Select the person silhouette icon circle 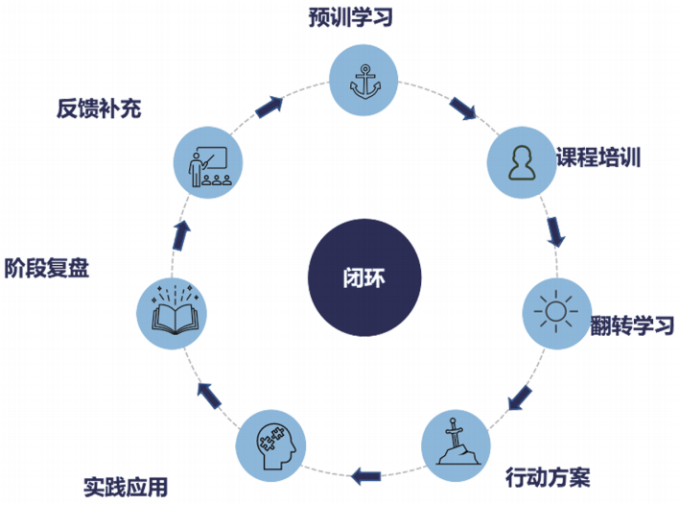tap(521, 159)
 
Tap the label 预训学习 tap(365, 16)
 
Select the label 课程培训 tap(598, 157)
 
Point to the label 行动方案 tap(547, 476)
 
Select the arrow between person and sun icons tap(554, 231)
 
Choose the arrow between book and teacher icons tap(180, 233)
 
